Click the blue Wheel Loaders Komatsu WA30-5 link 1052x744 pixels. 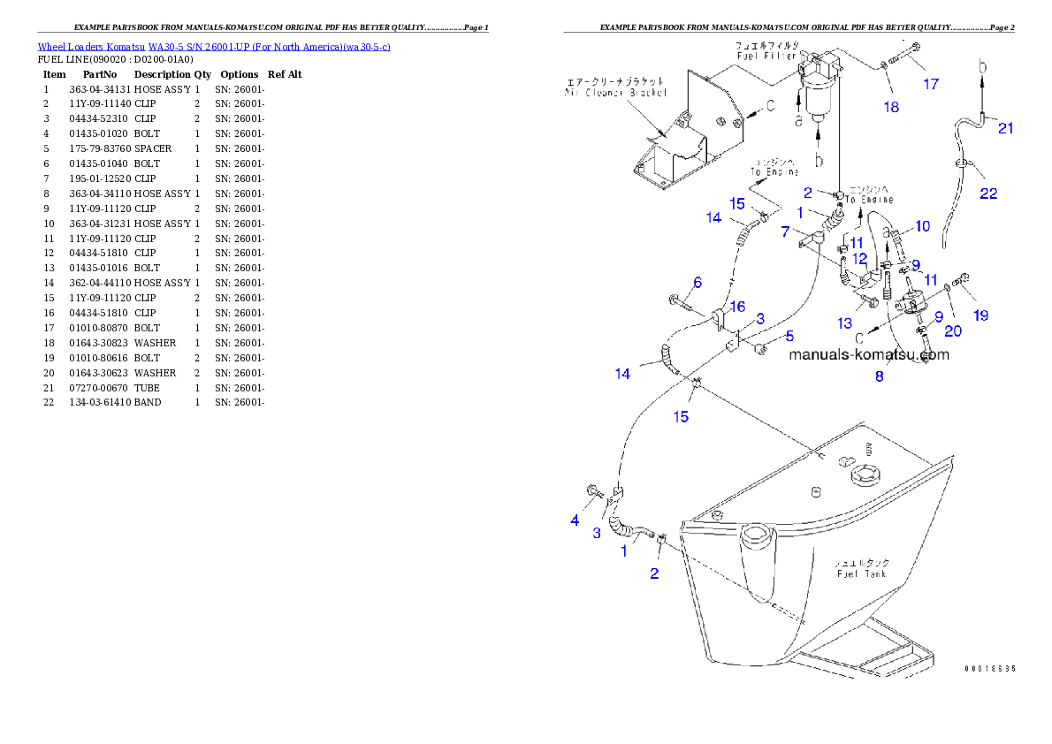coord(214,46)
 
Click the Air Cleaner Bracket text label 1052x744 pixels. coord(616,92)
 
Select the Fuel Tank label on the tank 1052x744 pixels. coord(862,573)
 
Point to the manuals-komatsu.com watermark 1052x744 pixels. coord(868,354)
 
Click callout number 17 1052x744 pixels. coord(931,84)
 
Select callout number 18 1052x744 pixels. coord(890,107)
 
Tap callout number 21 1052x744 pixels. coord(1005,129)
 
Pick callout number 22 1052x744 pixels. coord(988,193)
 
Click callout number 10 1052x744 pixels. coord(922,226)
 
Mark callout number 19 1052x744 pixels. coord(980,315)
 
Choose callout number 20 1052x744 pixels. coord(953,331)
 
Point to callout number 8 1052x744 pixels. coord(879,376)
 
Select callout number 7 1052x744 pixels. coord(785,232)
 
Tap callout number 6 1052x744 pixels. coord(698,282)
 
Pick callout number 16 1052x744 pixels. coord(736,307)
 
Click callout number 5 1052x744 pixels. coord(789,336)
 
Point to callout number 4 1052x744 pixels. coord(575,520)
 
